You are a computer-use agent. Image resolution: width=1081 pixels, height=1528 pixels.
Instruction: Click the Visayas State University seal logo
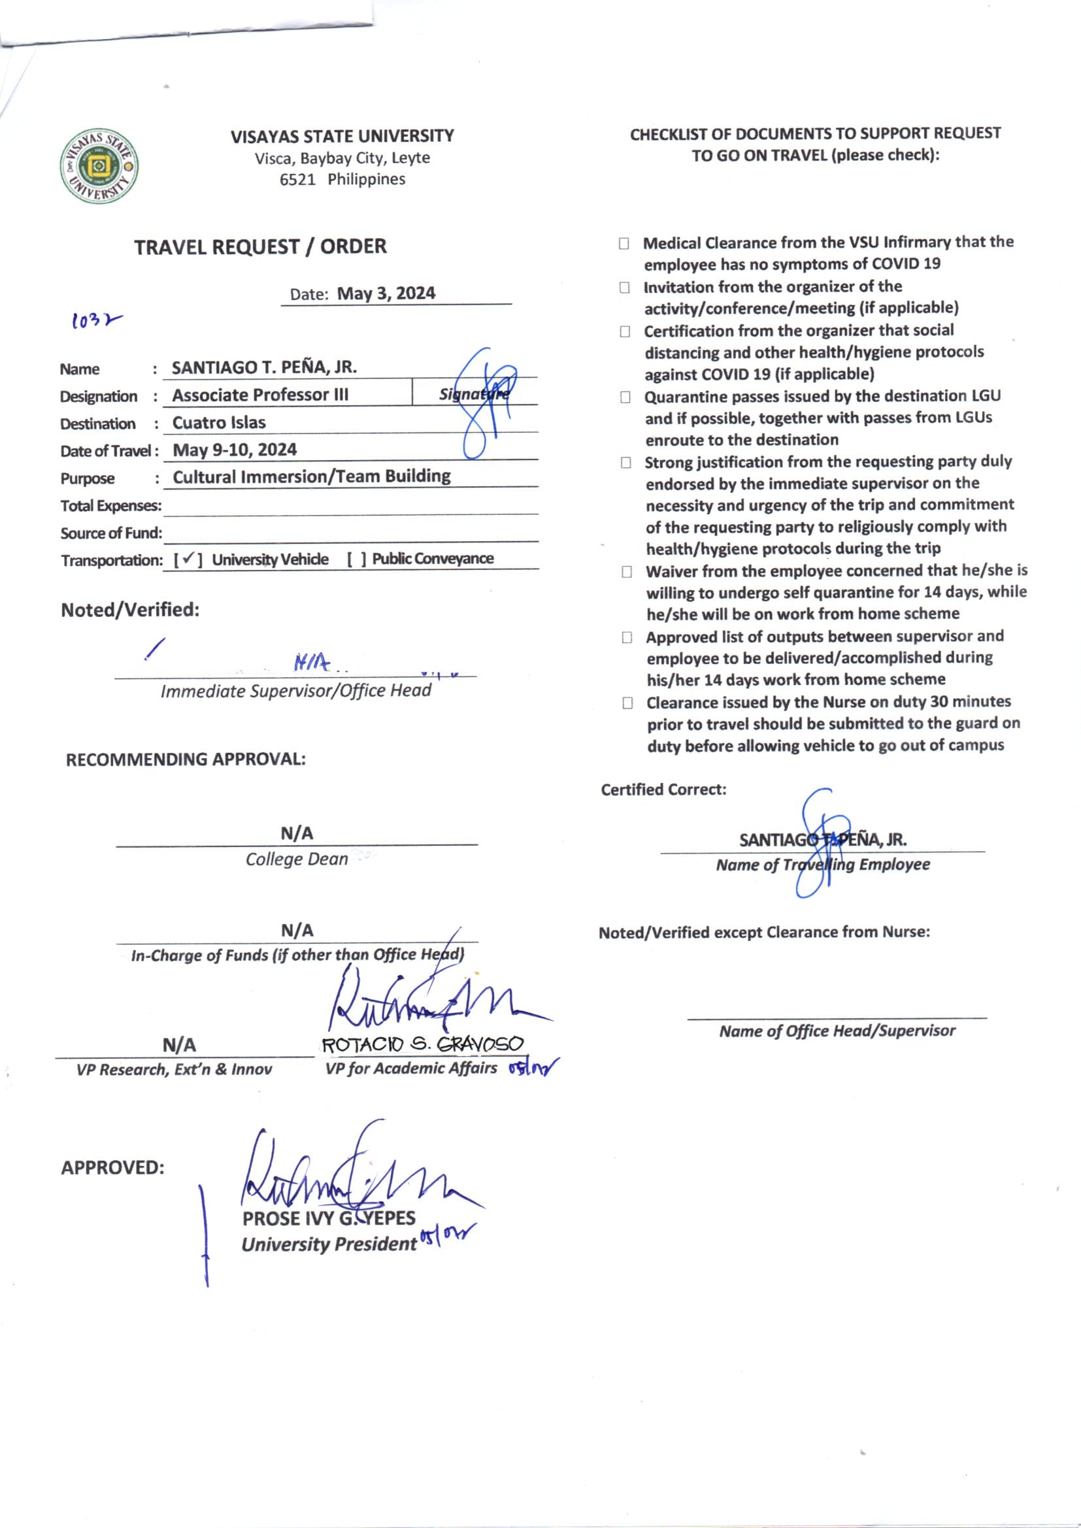point(100,166)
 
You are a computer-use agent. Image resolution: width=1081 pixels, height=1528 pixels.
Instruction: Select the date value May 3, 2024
point(386,293)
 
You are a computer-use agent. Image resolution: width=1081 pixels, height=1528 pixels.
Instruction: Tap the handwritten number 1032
point(96,322)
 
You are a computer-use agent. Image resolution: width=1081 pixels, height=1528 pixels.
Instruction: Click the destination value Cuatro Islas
point(219,423)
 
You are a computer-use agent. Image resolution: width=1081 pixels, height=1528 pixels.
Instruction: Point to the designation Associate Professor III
point(260,395)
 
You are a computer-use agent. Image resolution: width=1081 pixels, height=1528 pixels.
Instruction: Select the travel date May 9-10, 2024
point(235,450)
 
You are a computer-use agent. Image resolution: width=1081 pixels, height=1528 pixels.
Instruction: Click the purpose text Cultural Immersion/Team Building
point(312,476)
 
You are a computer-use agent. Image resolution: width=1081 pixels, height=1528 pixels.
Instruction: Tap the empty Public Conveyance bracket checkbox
point(357,559)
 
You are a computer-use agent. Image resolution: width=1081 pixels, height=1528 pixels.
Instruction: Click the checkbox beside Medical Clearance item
point(624,244)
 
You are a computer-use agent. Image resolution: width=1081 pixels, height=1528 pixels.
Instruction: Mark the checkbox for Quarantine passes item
point(625,397)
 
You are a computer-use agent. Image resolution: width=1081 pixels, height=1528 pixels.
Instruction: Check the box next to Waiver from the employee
point(626,572)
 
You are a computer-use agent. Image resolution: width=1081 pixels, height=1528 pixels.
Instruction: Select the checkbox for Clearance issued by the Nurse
point(627,703)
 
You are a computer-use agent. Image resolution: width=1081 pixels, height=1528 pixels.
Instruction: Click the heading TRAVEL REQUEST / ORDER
point(260,247)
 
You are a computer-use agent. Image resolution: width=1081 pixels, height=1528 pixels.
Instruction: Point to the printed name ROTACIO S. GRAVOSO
point(423,1044)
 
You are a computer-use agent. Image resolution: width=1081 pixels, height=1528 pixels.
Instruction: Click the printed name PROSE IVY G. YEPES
point(329,1218)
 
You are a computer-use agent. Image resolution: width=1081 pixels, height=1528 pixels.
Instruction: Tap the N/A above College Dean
point(297,833)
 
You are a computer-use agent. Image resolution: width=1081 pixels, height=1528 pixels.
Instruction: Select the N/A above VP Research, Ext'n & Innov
point(179,1045)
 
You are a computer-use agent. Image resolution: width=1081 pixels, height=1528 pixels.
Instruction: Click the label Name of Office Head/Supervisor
point(837,1031)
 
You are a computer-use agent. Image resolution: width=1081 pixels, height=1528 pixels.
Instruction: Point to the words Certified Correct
point(663,789)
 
